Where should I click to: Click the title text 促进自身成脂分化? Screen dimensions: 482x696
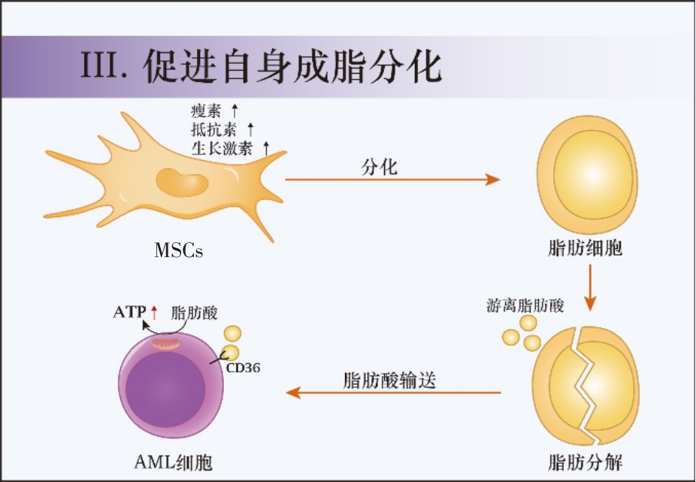(x=294, y=67)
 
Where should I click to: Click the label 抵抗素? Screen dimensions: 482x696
(x=213, y=129)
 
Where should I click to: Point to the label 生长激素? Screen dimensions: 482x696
(x=222, y=147)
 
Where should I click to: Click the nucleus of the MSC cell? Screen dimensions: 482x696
(x=181, y=183)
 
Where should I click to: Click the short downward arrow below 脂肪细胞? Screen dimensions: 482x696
(x=590, y=290)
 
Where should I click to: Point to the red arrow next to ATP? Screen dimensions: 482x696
(x=154, y=311)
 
